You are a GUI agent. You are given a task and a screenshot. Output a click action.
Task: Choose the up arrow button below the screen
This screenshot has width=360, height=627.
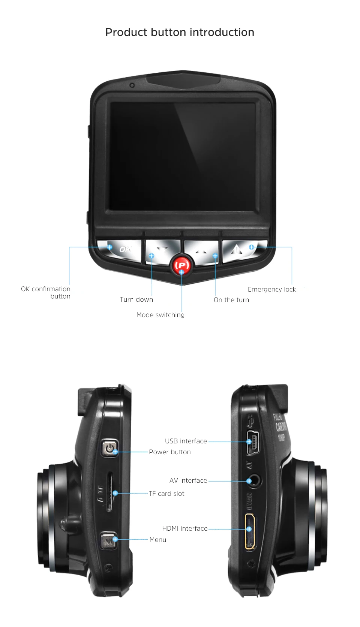click(x=201, y=251)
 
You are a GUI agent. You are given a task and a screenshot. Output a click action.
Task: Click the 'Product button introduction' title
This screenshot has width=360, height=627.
click(x=180, y=33)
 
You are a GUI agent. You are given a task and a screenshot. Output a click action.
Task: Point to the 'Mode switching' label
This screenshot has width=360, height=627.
click(x=160, y=315)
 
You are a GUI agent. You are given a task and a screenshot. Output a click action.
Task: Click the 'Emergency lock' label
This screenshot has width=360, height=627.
click(x=271, y=289)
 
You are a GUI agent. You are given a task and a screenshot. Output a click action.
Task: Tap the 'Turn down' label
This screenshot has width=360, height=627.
click(x=136, y=299)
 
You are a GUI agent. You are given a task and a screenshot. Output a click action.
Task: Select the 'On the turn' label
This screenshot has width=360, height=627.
click(x=231, y=300)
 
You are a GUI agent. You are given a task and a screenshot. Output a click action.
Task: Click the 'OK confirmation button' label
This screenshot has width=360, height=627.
click(x=46, y=292)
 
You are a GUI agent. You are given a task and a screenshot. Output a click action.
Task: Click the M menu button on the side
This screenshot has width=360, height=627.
click(x=108, y=541)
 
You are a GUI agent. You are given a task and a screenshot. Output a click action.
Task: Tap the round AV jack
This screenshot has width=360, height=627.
click(x=255, y=481)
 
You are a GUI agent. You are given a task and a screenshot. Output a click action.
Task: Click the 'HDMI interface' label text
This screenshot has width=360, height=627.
click(x=185, y=528)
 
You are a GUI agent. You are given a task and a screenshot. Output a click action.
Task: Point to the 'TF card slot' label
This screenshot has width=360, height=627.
click(x=166, y=494)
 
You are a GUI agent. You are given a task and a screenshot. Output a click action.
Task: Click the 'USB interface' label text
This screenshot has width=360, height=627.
click(x=186, y=441)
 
